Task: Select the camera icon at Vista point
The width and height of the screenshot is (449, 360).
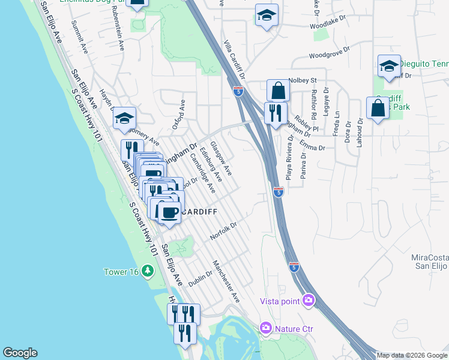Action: (x=309, y=299)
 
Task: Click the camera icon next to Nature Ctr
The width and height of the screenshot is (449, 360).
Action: (x=265, y=328)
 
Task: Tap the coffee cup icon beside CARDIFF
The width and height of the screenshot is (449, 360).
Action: (x=170, y=212)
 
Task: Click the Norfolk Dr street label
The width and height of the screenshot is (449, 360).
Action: (x=224, y=231)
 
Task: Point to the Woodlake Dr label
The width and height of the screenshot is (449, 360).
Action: (x=329, y=26)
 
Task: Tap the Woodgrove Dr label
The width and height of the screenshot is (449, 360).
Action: (x=328, y=55)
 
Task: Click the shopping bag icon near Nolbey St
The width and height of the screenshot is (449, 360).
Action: (x=278, y=91)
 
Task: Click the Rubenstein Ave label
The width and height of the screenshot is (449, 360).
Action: (x=119, y=37)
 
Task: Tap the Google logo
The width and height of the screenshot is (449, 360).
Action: (x=20, y=353)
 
